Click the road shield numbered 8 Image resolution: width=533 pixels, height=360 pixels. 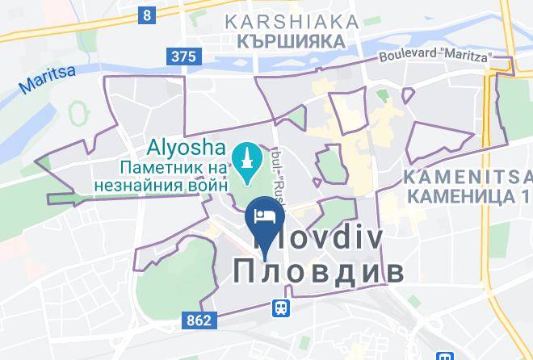pyautogui.click(x=146, y=14)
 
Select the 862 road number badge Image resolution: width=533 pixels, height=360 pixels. pyautogui.click(x=197, y=320)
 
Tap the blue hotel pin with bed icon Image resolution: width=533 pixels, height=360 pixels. pyautogui.click(x=265, y=216)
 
